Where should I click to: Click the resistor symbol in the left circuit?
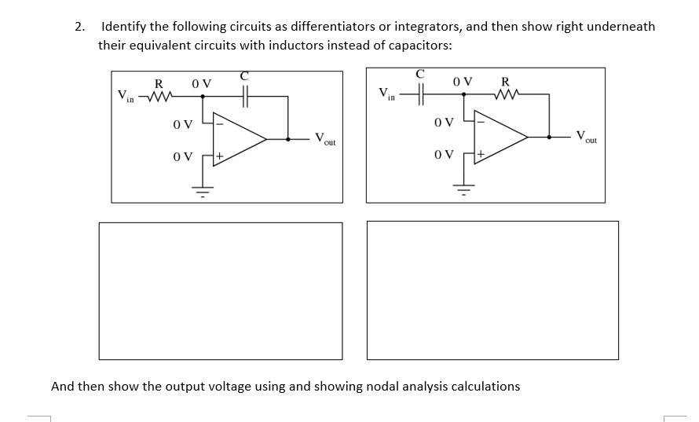click(x=160, y=97)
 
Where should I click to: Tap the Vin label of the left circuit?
click(x=126, y=97)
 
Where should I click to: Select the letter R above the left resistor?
click(x=159, y=83)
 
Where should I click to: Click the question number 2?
click(x=79, y=27)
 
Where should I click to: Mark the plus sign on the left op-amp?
click(x=221, y=157)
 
